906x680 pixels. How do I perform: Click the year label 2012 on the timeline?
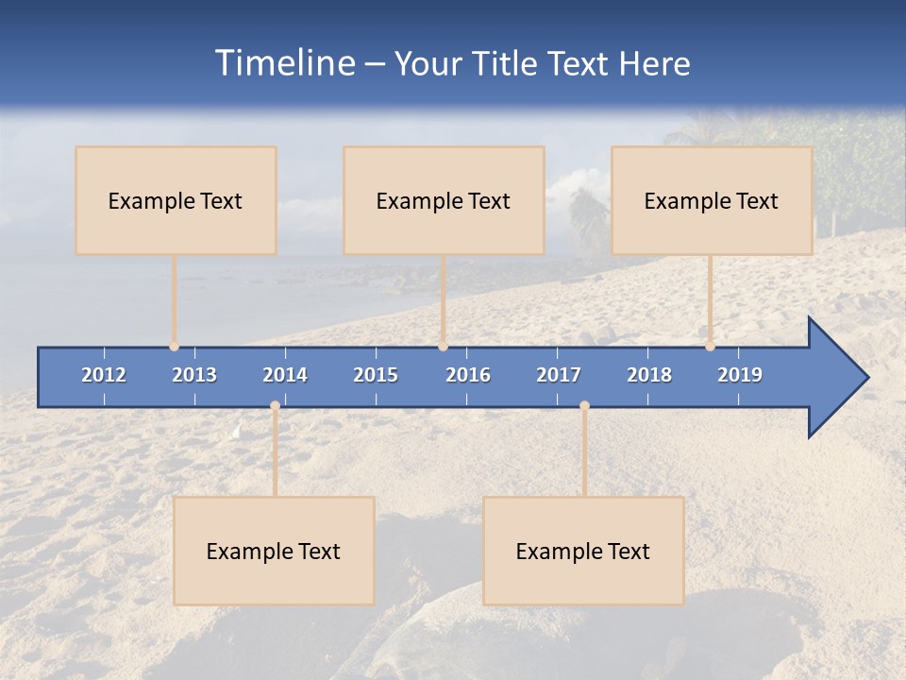[104, 375]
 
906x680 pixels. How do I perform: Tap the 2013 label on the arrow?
[194, 375]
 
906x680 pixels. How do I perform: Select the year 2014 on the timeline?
[285, 375]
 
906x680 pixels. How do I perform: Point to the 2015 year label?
[376, 375]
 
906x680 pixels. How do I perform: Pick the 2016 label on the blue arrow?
[468, 375]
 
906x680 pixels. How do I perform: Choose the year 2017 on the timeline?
[559, 375]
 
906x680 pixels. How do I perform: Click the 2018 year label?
[649, 375]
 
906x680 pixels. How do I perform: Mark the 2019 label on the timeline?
[740, 375]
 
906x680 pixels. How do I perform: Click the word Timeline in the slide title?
[284, 63]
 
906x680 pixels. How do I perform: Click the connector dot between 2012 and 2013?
[175, 347]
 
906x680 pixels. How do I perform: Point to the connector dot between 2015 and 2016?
[443, 347]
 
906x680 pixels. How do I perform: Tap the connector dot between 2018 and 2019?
[710, 347]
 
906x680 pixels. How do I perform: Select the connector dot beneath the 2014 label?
[275, 406]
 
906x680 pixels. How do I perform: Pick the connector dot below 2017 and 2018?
[584, 406]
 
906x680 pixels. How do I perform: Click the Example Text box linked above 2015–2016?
[444, 200]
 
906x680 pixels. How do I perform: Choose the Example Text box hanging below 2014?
[274, 551]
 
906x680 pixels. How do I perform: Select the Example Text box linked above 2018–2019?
[712, 200]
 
